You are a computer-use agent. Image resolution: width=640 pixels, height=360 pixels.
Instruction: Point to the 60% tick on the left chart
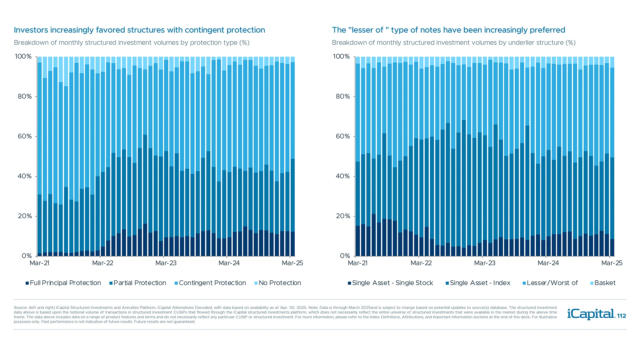(25, 136)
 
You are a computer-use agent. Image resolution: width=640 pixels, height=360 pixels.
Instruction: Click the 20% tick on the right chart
(343, 216)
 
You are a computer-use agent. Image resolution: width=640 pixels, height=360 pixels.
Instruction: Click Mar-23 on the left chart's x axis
(166, 263)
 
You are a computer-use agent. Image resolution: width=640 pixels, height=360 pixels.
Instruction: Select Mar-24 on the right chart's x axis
(548, 263)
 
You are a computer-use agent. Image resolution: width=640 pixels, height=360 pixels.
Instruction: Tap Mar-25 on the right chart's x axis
(612, 263)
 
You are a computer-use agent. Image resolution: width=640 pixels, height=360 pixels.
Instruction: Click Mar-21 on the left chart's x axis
(39, 263)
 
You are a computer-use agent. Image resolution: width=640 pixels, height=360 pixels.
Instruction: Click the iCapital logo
(591, 314)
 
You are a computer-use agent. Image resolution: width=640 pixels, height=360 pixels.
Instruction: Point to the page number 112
(622, 316)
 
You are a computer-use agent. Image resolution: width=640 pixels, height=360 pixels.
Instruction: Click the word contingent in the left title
(204, 30)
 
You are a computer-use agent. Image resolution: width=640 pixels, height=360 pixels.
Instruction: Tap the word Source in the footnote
(20, 308)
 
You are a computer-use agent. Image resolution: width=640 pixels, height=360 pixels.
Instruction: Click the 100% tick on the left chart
(23, 57)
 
